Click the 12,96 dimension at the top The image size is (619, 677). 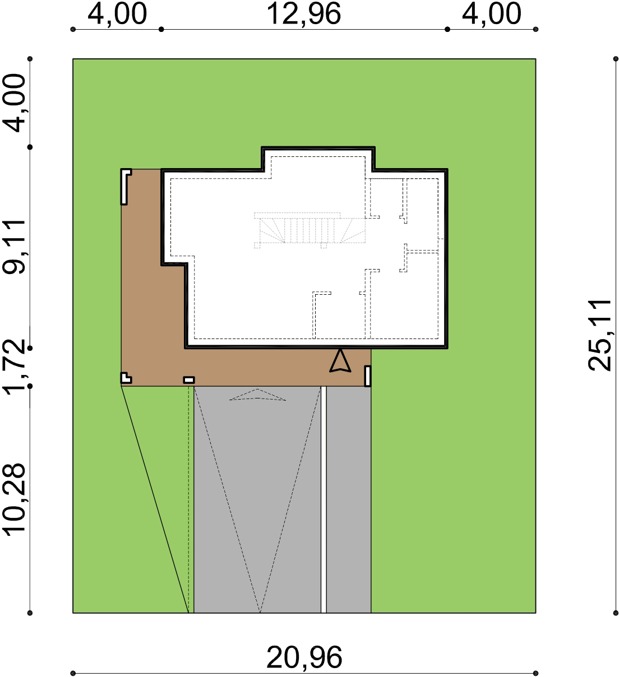(x=303, y=14)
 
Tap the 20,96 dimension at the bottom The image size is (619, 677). (x=304, y=657)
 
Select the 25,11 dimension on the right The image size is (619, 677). (x=600, y=336)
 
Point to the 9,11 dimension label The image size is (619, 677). (x=14, y=247)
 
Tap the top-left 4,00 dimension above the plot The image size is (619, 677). (x=117, y=14)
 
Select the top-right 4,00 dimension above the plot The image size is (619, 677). (x=491, y=14)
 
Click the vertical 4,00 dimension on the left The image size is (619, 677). (x=14, y=103)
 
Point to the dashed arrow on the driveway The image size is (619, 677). (x=258, y=395)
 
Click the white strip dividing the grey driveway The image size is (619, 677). (x=324, y=499)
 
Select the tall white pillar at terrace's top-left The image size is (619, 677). (x=124, y=187)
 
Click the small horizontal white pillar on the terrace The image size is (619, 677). (x=189, y=380)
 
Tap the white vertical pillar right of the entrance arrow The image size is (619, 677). (x=368, y=376)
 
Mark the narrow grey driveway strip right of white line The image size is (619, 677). (x=349, y=499)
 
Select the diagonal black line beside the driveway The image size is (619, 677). (x=155, y=499)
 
